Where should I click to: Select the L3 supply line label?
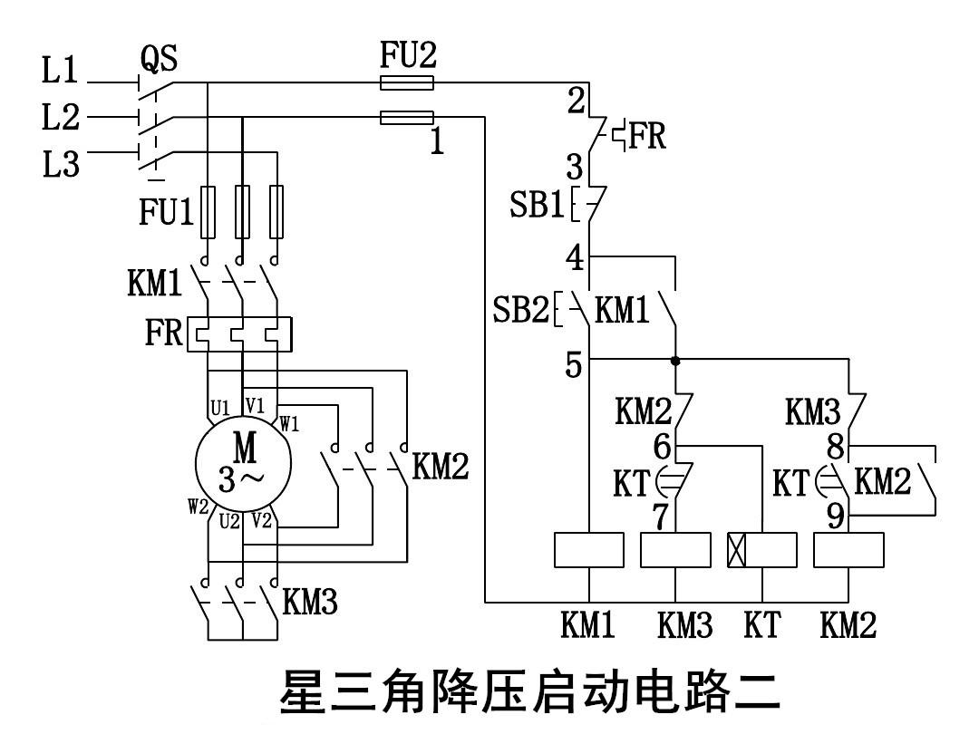pos(60,165)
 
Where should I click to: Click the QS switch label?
pos(159,60)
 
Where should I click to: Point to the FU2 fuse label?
pos(408,57)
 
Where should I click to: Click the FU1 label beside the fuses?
pos(167,213)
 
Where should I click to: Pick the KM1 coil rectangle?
pos(589,550)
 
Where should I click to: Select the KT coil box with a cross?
pos(762,550)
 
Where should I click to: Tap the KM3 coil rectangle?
pos(675,550)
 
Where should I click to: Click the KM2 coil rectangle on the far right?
pos(849,550)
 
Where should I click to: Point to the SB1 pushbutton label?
pos(538,205)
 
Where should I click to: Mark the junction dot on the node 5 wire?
pos(675,360)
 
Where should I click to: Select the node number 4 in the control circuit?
pos(575,259)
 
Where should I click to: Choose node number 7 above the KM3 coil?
pos(662,517)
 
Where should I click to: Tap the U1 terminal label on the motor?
pos(220,408)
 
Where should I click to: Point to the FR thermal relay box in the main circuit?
pos(239,333)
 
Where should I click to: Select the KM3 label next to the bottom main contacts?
pos(310,602)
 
